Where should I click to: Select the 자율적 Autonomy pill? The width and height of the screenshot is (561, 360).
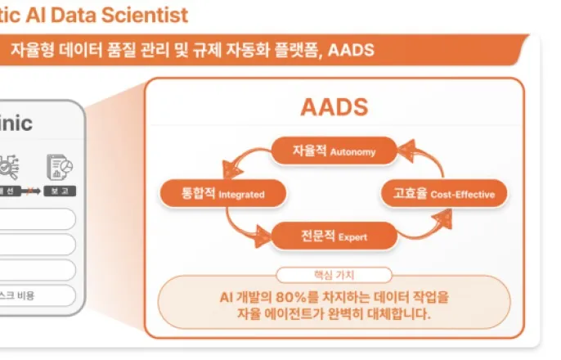click(x=334, y=151)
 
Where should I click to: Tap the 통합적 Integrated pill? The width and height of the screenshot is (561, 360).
click(x=223, y=194)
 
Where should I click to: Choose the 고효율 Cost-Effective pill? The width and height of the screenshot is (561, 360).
click(x=444, y=194)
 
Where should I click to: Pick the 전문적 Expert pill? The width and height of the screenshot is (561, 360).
click(x=334, y=236)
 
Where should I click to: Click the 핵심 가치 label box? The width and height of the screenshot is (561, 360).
click(x=334, y=275)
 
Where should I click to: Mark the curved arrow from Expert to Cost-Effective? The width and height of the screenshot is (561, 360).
click(x=425, y=227)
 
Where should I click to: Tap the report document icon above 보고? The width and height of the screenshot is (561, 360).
click(x=59, y=166)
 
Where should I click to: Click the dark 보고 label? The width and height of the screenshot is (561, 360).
click(x=60, y=191)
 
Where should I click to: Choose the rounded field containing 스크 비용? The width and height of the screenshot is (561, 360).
click(x=37, y=295)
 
